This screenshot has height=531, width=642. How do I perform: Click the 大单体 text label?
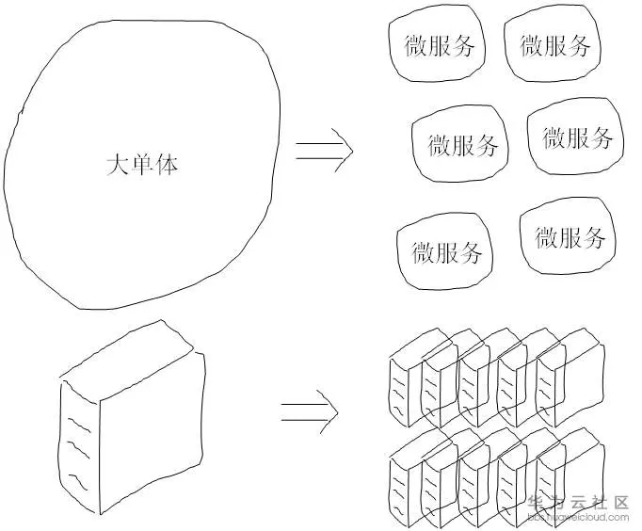coord(142,166)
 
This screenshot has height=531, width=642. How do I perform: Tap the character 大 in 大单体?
coord(117,166)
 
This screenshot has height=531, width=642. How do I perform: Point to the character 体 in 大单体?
coord(167,166)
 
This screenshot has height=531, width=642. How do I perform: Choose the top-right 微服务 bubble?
coord(554,45)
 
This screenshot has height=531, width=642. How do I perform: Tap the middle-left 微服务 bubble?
coord(462,145)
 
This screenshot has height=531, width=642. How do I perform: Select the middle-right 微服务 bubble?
coord(576,138)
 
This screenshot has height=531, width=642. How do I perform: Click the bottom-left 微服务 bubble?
coord(446,252)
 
